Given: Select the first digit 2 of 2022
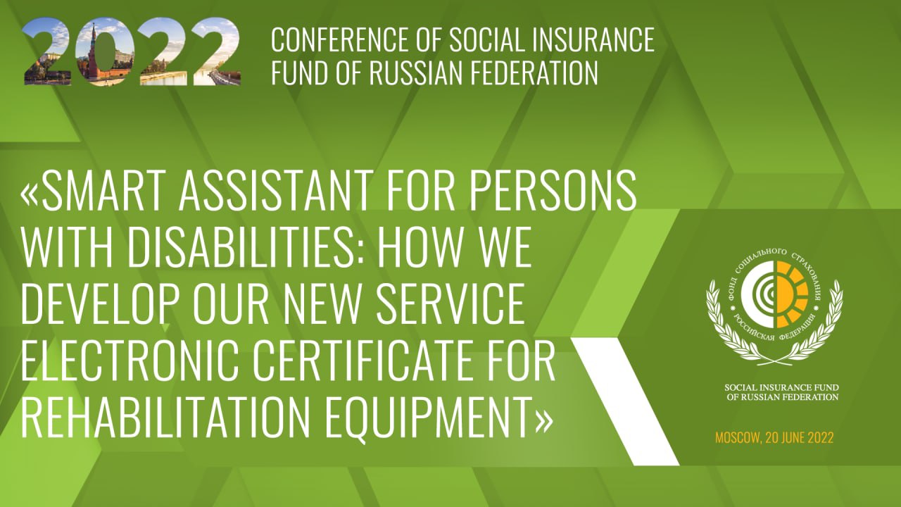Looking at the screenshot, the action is pyautogui.click(x=47, y=51).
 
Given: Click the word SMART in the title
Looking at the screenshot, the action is pyautogui.click(x=106, y=190).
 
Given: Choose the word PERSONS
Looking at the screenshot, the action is pyautogui.click(x=553, y=190).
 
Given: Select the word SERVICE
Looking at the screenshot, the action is pyautogui.click(x=450, y=303).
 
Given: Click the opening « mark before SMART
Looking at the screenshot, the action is pyautogui.click(x=30, y=196).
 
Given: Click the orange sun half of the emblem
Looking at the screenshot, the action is pyautogui.click(x=792, y=294).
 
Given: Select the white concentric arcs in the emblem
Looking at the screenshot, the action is pyautogui.click(x=760, y=294).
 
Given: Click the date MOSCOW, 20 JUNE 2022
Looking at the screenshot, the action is pyautogui.click(x=774, y=437).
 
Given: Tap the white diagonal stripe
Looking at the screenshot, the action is pyautogui.click(x=626, y=401).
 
